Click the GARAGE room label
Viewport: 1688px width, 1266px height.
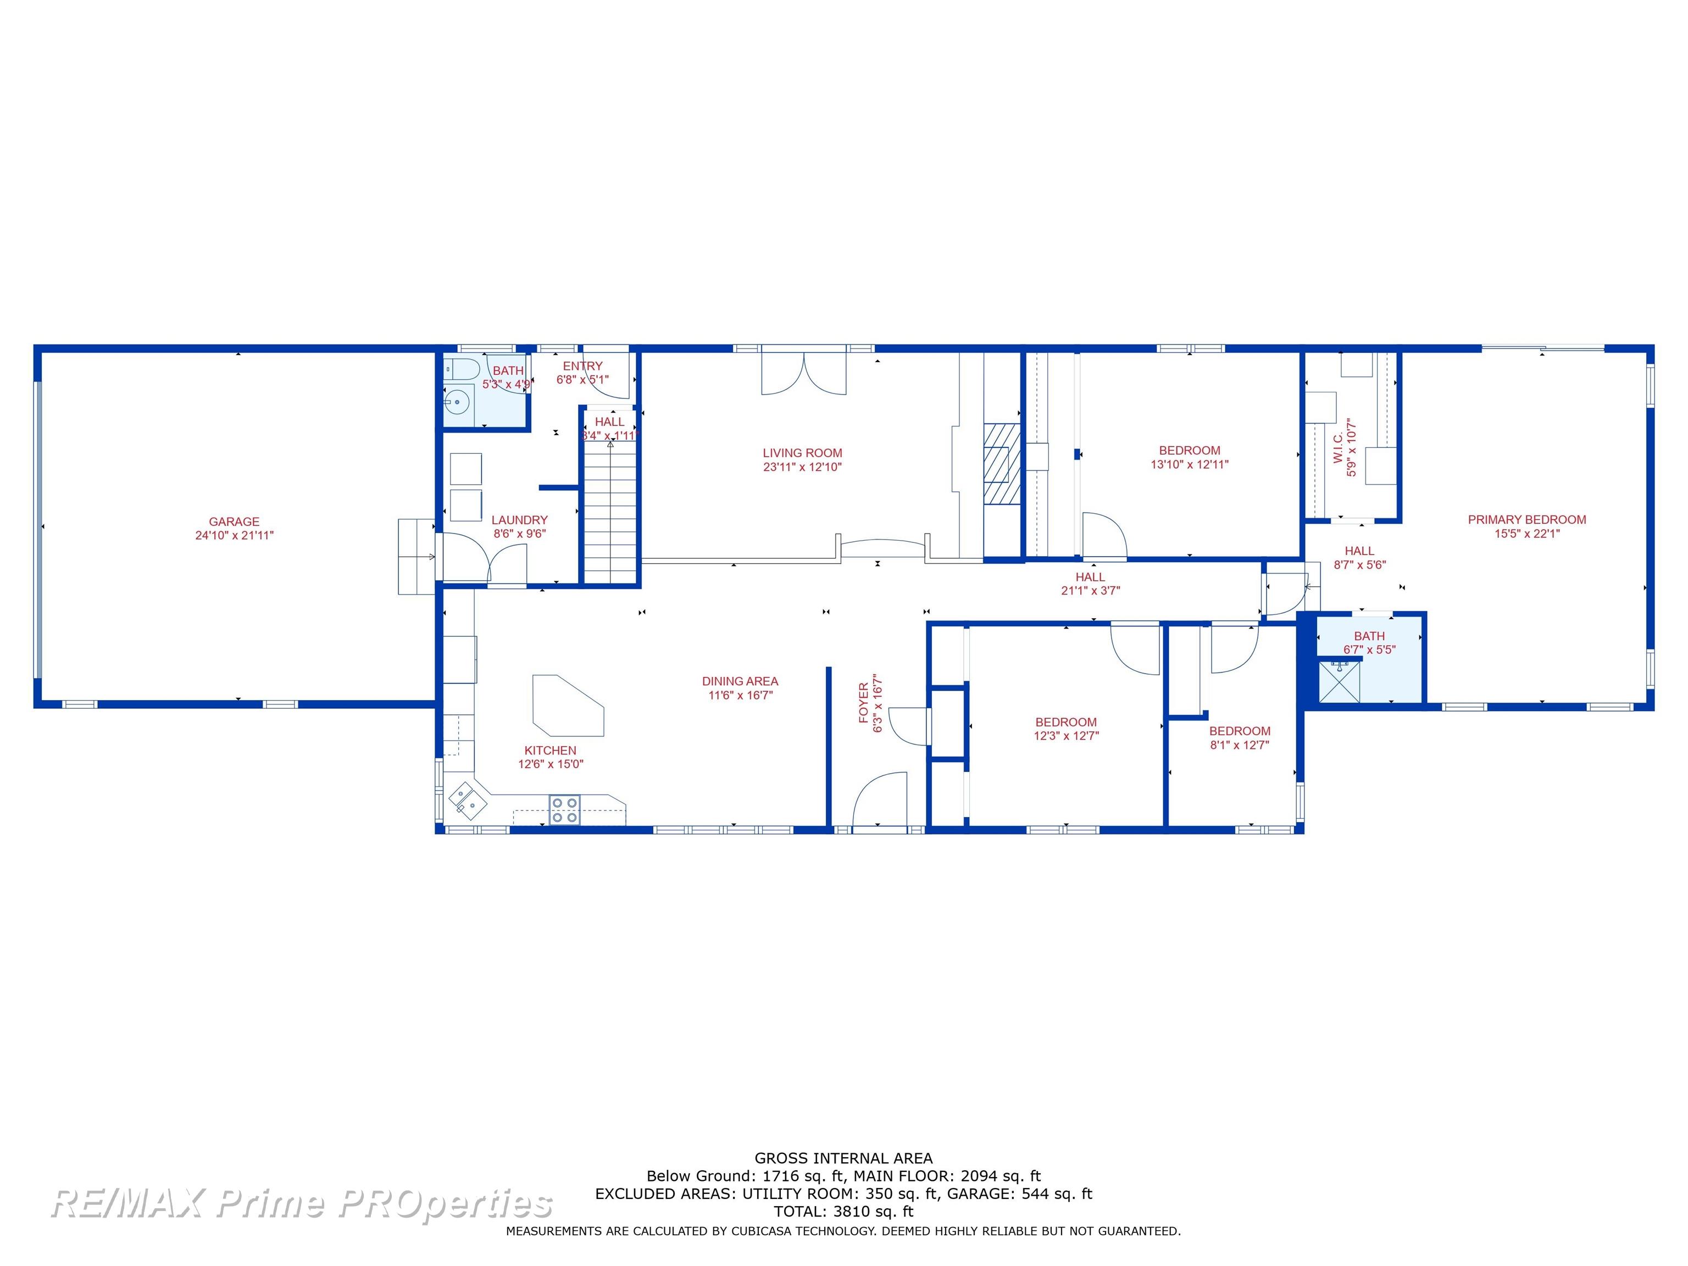pyautogui.click(x=234, y=522)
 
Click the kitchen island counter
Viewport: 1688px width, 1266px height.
pyautogui.click(x=568, y=705)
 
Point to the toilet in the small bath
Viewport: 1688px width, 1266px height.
pyautogui.click(x=461, y=369)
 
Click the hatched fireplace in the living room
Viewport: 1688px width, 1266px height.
pyautogui.click(x=1002, y=464)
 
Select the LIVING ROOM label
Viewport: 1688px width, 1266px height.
pyautogui.click(x=803, y=453)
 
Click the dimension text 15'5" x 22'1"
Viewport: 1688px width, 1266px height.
pyautogui.click(x=1527, y=534)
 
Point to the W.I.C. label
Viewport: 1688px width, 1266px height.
pyautogui.click(x=1338, y=448)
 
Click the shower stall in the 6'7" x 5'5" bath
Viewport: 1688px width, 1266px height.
pyautogui.click(x=1339, y=681)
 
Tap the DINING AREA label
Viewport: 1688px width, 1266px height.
pyautogui.click(x=740, y=681)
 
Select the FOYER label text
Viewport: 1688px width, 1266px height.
pyautogui.click(x=864, y=703)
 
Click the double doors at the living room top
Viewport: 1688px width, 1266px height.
pyautogui.click(x=803, y=371)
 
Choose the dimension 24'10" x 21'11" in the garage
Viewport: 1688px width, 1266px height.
pyautogui.click(x=234, y=536)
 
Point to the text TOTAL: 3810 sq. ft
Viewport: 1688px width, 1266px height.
pyautogui.click(x=843, y=1212)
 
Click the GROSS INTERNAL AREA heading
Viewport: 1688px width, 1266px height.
pyautogui.click(x=843, y=1158)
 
